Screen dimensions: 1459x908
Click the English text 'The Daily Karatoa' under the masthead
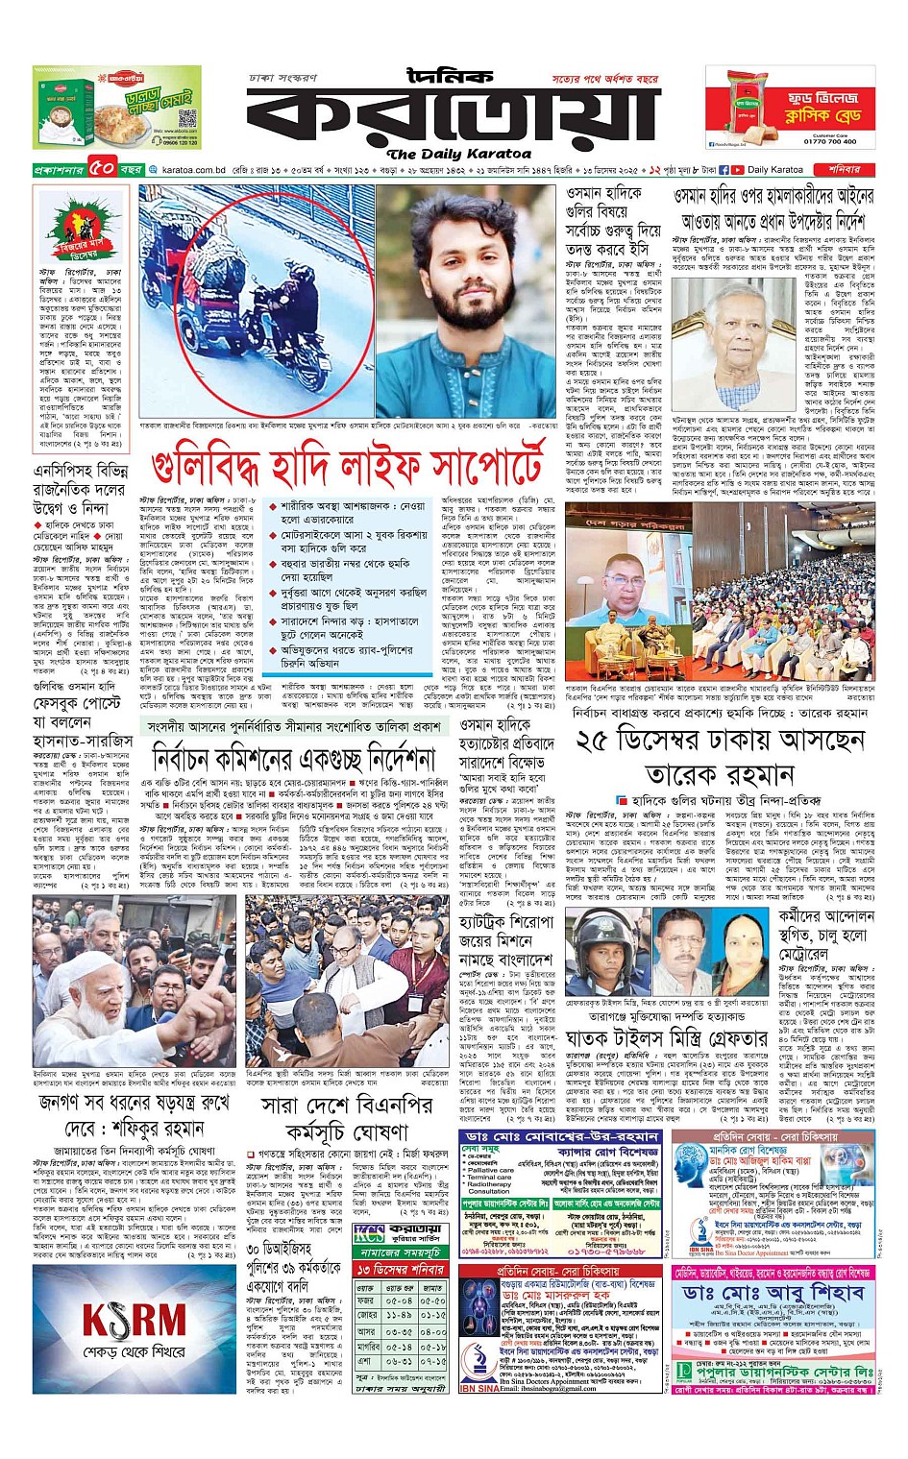click(458, 154)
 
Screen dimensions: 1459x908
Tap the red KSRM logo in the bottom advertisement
click(134, 1320)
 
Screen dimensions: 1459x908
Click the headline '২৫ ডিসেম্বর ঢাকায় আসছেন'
click(720, 741)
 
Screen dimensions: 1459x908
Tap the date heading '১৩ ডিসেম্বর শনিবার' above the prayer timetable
click(401, 1270)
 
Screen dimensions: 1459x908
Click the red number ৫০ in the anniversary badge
click(103, 169)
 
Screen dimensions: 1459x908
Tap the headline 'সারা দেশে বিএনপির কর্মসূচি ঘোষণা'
click(345, 1117)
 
